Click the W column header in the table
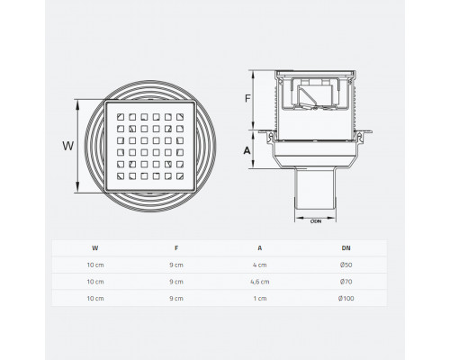pos(95,248)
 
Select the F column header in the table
pos(176,248)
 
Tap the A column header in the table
pos(260,248)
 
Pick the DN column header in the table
pos(346,248)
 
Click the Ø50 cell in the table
pos(346,265)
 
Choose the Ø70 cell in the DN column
pos(346,282)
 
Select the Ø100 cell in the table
pos(346,299)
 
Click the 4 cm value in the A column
pos(260,265)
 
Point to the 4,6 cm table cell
pos(260,282)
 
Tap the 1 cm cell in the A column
pos(260,299)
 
